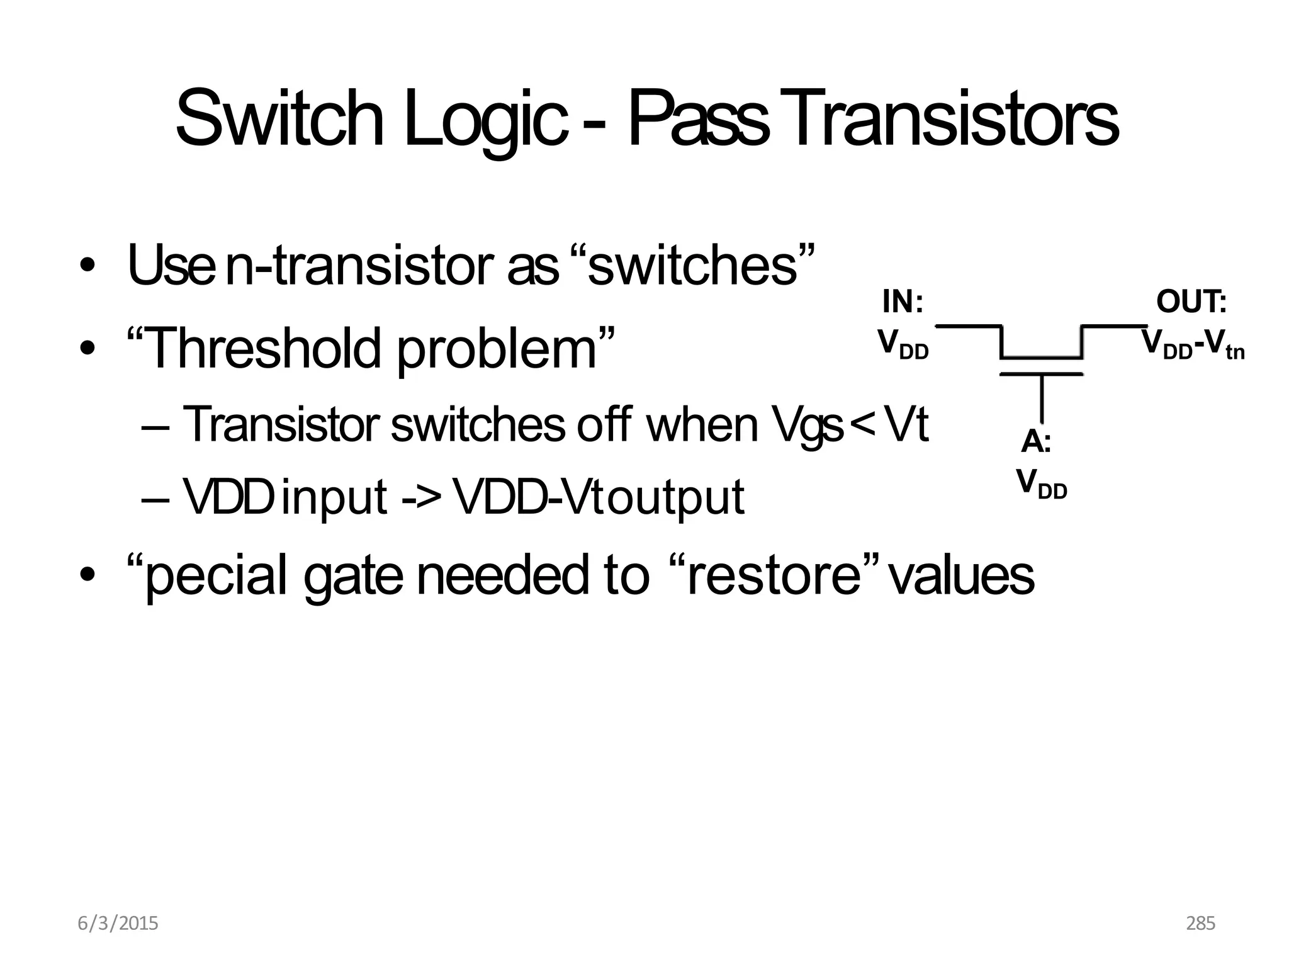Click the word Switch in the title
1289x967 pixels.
279,120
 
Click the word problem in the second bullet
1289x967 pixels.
497,350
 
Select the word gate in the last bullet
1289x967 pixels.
352,575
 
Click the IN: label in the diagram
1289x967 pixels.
903,302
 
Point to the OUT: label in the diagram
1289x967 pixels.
1191,302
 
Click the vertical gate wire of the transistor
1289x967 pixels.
1042,398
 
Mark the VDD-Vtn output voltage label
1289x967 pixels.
1193,345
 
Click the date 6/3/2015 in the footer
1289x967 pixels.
118,924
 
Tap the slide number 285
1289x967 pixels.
1200,924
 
